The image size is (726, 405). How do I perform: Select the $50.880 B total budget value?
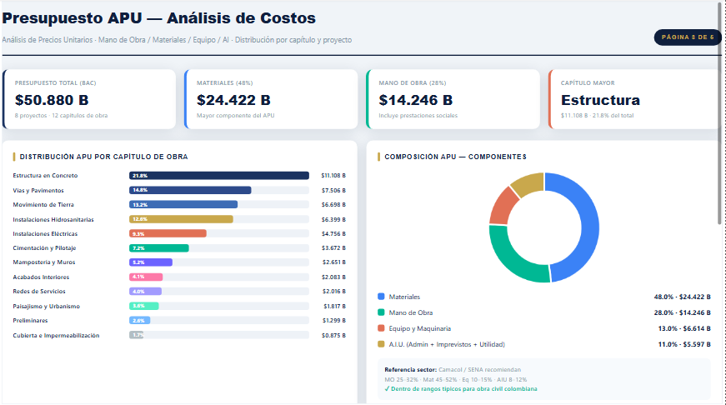53,100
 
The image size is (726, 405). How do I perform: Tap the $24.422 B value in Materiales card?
234,100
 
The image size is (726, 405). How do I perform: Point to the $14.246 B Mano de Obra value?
416,100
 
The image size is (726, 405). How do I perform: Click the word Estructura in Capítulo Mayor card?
600,100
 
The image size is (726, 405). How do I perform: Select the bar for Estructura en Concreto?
219,176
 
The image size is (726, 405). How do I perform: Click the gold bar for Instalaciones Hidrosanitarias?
181,219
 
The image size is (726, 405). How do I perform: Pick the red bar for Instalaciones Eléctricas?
168,233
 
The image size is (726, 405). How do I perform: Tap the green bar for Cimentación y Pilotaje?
159,248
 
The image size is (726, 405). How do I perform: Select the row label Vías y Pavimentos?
38,190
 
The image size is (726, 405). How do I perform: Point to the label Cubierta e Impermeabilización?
56,335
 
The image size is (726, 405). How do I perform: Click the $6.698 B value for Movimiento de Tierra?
333,205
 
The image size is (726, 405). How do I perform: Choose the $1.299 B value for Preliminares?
333,321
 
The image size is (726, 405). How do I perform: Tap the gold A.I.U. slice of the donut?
525,183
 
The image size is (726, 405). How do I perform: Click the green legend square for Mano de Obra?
382,312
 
